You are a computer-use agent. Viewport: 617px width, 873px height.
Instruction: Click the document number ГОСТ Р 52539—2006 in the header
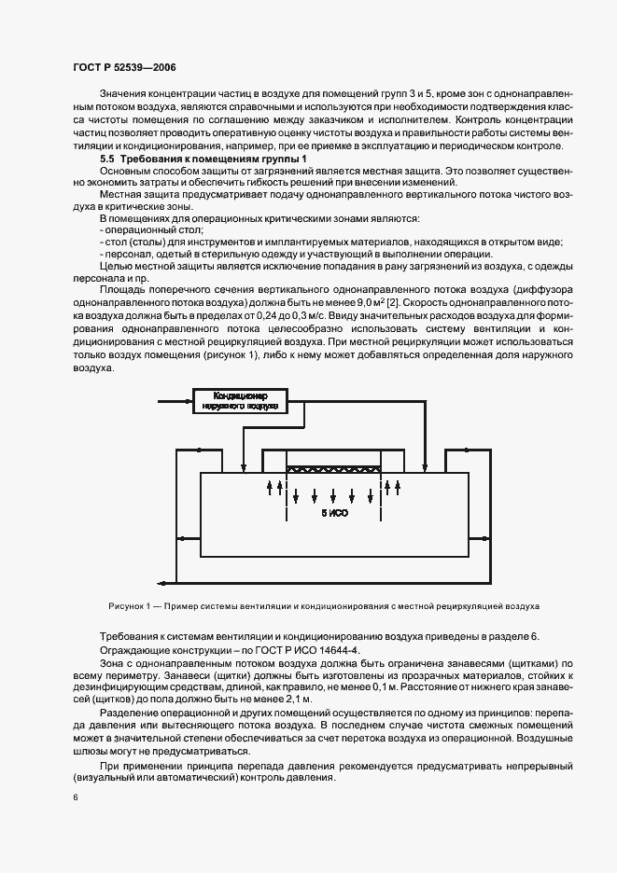pyautogui.click(x=123, y=68)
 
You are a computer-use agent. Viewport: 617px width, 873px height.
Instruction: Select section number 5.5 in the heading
pyautogui.click(x=111, y=160)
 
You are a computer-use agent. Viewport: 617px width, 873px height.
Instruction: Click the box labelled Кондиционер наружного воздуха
pyautogui.click(x=241, y=400)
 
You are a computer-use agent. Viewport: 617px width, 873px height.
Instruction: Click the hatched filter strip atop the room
pyautogui.click(x=334, y=470)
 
